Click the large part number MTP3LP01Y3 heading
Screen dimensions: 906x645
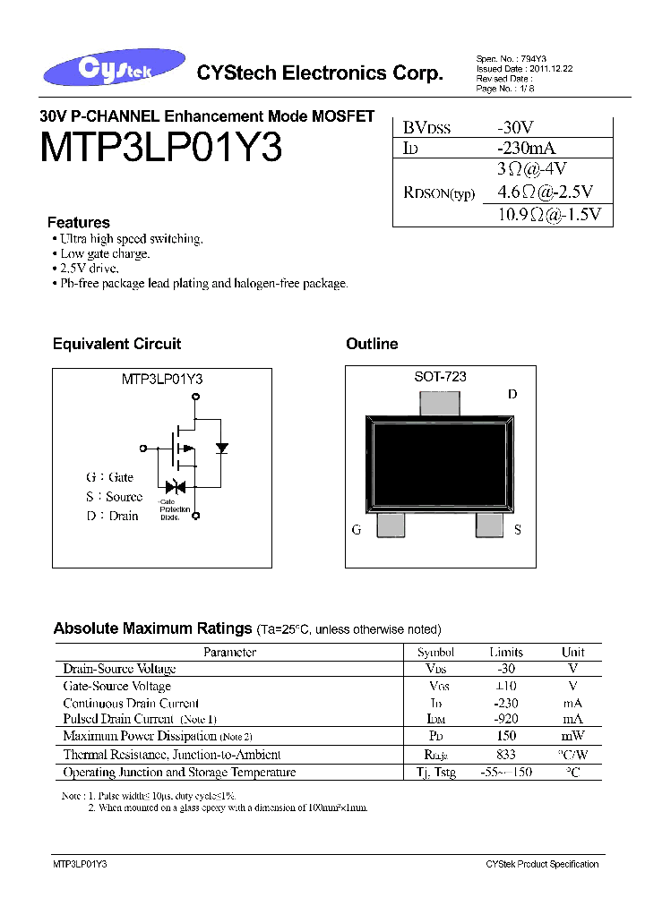click(x=161, y=149)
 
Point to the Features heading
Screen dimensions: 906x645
click(x=79, y=222)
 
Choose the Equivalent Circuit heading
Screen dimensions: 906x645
click(x=116, y=344)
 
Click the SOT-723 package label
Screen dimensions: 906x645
click(x=439, y=377)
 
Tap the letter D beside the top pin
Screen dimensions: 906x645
click(x=512, y=394)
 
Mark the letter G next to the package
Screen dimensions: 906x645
click(x=357, y=530)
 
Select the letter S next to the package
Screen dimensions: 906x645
click(x=517, y=530)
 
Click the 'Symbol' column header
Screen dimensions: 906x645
click(x=435, y=653)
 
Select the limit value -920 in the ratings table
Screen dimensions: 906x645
click(x=505, y=719)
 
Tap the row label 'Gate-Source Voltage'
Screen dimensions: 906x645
click(x=116, y=686)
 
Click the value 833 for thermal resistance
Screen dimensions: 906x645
click(x=505, y=754)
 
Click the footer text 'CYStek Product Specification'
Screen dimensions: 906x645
click(x=541, y=864)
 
